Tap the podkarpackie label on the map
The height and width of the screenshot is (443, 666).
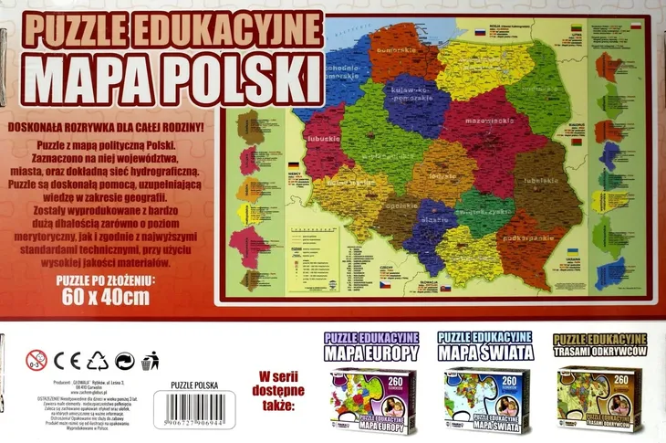tap(515, 236)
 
